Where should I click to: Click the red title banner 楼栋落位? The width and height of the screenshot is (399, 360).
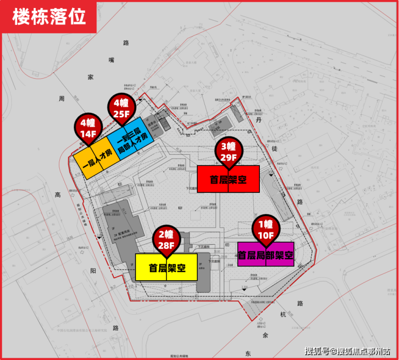[49, 17]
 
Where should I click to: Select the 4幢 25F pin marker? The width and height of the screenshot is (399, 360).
[122, 108]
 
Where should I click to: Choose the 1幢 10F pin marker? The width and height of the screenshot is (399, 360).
[265, 228]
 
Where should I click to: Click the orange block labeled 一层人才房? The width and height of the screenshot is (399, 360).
[95, 157]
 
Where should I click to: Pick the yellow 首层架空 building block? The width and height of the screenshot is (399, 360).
[167, 267]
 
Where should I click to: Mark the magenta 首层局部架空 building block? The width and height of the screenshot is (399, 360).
[265, 254]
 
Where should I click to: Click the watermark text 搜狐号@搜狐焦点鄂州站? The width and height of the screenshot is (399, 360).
[347, 351]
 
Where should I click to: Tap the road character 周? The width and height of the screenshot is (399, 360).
[62, 98]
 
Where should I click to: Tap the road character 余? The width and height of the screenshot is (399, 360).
[265, 335]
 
